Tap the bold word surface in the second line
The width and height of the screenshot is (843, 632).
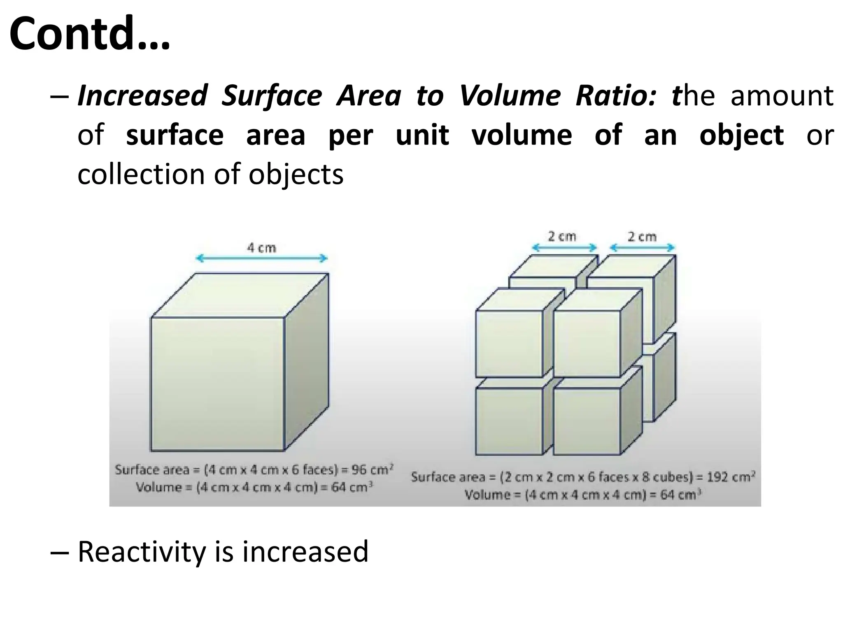click(x=175, y=135)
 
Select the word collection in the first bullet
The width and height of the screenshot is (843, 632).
click(x=142, y=174)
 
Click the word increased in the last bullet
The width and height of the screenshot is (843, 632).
click(x=305, y=551)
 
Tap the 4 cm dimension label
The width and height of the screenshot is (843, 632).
click(x=261, y=248)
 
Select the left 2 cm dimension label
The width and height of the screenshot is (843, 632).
click(x=562, y=237)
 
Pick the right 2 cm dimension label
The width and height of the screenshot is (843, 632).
click(x=642, y=237)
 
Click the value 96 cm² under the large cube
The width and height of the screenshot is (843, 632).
click(x=373, y=469)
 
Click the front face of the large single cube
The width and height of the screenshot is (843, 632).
click(x=217, y=384)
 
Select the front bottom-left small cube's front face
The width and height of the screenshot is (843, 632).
click(x=509, y=421)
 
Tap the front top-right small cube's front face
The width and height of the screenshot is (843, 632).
click(x=587, y=344)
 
